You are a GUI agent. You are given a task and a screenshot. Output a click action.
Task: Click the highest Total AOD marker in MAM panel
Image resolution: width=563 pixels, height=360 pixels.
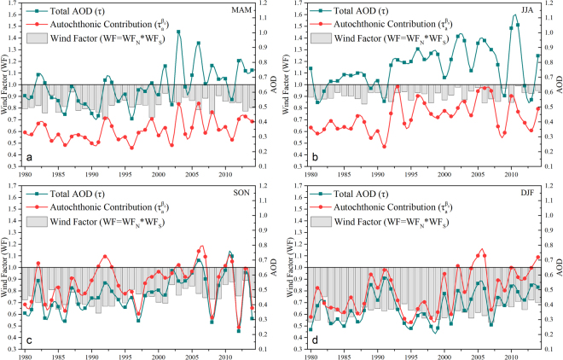click(x=178, y=32)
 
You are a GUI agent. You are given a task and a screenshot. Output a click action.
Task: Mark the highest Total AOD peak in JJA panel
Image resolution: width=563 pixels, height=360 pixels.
click(x=514, y=15)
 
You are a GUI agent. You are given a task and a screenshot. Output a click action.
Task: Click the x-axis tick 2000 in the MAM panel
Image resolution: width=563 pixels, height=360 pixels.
click(x=159, y=174)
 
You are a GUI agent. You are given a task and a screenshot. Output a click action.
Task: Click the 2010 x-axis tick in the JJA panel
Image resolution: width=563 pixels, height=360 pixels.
click(x=511, y=174)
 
